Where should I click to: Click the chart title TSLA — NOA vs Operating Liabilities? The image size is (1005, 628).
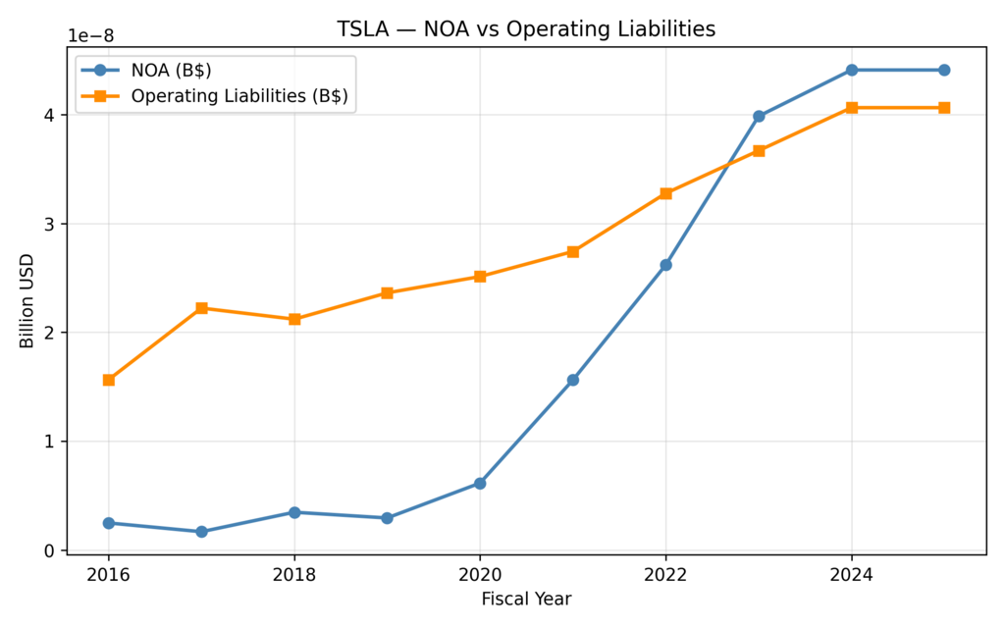click(x=526, y=29)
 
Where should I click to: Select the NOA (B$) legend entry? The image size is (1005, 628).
click(x=171, y=71)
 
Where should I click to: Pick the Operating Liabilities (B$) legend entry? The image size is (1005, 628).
click(x=239, y=96)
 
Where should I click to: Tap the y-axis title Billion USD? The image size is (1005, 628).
click(x=26, y=301)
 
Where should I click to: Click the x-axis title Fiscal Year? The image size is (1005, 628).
click(x=526, y=598)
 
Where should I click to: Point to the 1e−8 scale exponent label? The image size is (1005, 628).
click(x=90, y=36)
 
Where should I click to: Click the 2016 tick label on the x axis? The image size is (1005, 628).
click(x=109, y=572)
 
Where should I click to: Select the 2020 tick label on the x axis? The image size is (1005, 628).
click(x=480, y=572)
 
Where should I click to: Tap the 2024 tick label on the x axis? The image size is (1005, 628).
click(x=851, y=572)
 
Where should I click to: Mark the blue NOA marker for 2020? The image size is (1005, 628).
click(x=480, y=483)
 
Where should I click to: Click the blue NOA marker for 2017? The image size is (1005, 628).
click(x=201, y=532)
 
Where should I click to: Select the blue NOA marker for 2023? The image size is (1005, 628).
click(x=759, y=116)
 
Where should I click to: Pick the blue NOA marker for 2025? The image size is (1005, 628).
click(x=944, y=70)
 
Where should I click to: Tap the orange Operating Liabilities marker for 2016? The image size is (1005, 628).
click(x=109, y=380)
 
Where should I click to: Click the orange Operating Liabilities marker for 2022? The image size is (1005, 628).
click(x=665, y=193)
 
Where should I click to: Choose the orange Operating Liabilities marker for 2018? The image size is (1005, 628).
click(x=294, y=319)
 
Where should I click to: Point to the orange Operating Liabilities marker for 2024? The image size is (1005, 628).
click(x=851, y=107)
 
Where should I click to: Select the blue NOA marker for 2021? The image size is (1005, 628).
click(x=573, y=380)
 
